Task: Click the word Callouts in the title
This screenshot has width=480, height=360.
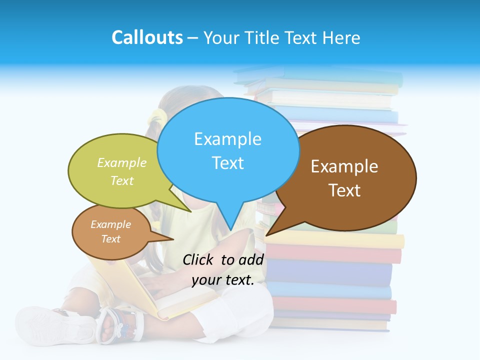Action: point(147,38)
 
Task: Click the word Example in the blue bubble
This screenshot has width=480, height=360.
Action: point(227,139)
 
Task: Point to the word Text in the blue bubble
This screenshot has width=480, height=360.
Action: point(227,163)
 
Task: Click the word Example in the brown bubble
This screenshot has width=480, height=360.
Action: point(344,166)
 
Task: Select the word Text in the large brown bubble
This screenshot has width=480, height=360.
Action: point(344,190)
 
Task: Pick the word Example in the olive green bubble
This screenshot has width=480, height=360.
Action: point(122,163)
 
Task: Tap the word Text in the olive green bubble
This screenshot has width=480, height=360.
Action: point(122,181)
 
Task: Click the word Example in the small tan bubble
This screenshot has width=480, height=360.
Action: point(110,224)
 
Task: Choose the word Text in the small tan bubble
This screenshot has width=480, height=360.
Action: point(110,239)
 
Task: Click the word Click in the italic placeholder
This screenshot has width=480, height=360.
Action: point(198,259)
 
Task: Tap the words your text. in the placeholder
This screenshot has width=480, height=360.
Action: point(223,280)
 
